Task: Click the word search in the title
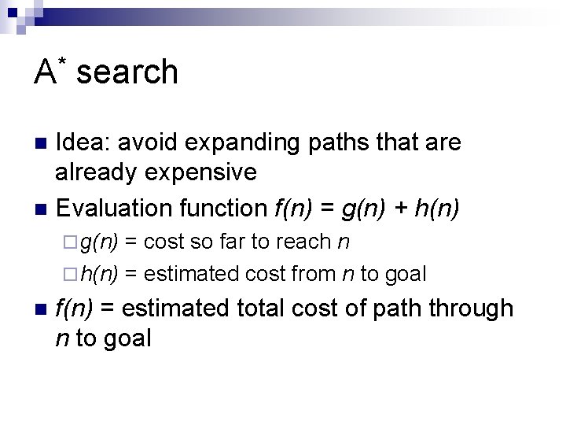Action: tap(128, 72)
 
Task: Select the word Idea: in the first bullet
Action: tap(85, 142)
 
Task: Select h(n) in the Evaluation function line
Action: tap(437, 208)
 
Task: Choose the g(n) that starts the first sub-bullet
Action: tap(100, 242)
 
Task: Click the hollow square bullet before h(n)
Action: tap(73, 274)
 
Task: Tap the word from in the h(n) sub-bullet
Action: tap(314, 273)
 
